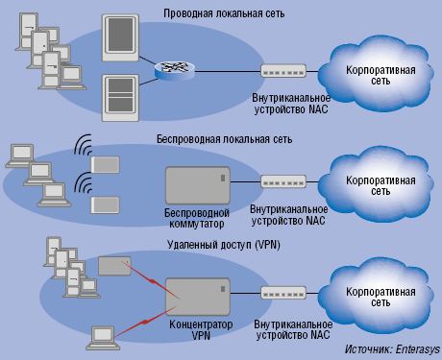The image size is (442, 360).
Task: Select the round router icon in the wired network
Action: [x=174, y=70]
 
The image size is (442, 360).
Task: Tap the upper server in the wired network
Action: [x=120, y=36]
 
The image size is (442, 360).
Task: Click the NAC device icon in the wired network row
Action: [x=283, y=71]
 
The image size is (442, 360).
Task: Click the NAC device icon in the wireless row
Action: [x=283, y=180]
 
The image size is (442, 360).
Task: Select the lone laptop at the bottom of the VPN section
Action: [x=103, y=336]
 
